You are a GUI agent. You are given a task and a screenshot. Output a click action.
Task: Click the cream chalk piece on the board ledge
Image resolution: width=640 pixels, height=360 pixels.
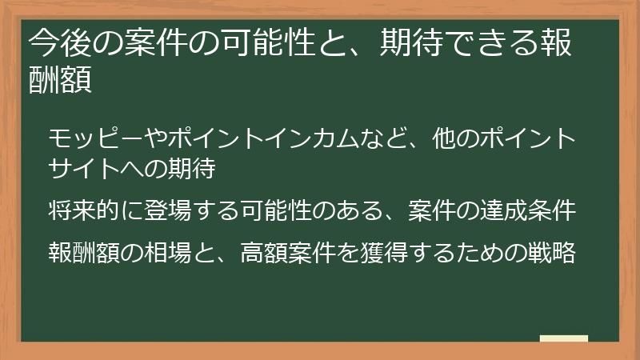click(563, 338)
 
